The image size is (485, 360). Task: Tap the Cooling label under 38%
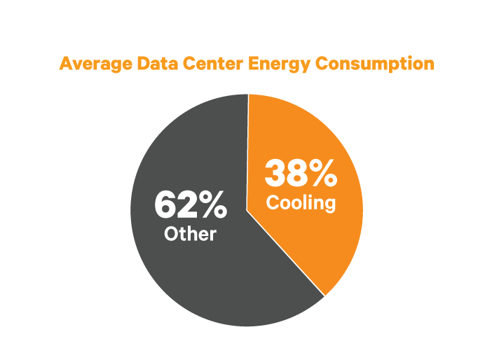tap(301, 203)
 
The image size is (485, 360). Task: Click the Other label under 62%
tap(190, 233)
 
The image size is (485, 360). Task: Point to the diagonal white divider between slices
tap(286, 252)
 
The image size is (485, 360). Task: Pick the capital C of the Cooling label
tap(272, 203)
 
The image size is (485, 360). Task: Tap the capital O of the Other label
tap(170, 233)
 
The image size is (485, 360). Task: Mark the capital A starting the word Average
tap(66, 64)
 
